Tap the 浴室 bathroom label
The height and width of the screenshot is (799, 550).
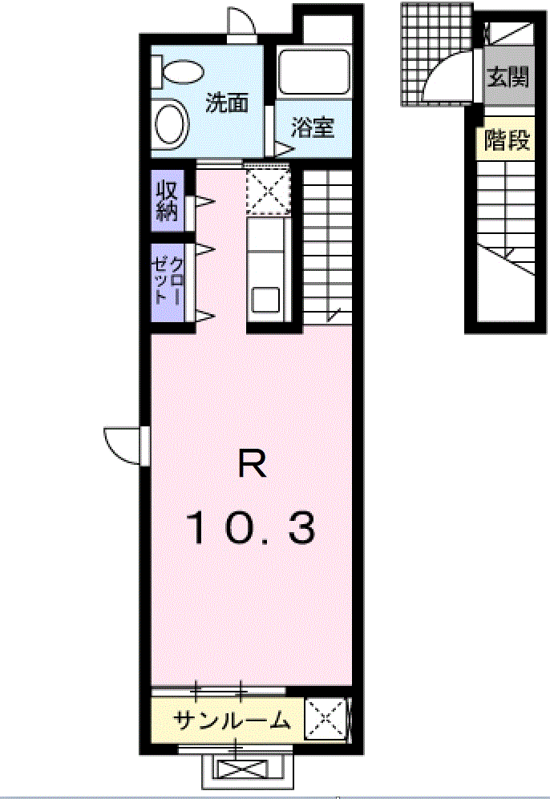click(313, 127)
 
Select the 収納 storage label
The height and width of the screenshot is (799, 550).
click(168, 200)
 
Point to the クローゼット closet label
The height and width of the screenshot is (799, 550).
click(168, 280)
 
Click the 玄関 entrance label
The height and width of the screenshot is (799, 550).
click(508, 78)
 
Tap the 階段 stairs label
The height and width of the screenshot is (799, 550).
click(508, 139)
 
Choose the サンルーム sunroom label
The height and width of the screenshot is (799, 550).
click(232, 720)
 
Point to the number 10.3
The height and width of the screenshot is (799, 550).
click(252, 528)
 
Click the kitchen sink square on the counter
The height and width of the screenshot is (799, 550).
click(265, 299)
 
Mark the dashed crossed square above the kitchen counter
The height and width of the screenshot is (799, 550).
click(268, 190)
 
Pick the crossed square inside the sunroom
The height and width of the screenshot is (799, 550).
click(326, 719)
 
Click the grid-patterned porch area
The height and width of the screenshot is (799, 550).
click(437, 54)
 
